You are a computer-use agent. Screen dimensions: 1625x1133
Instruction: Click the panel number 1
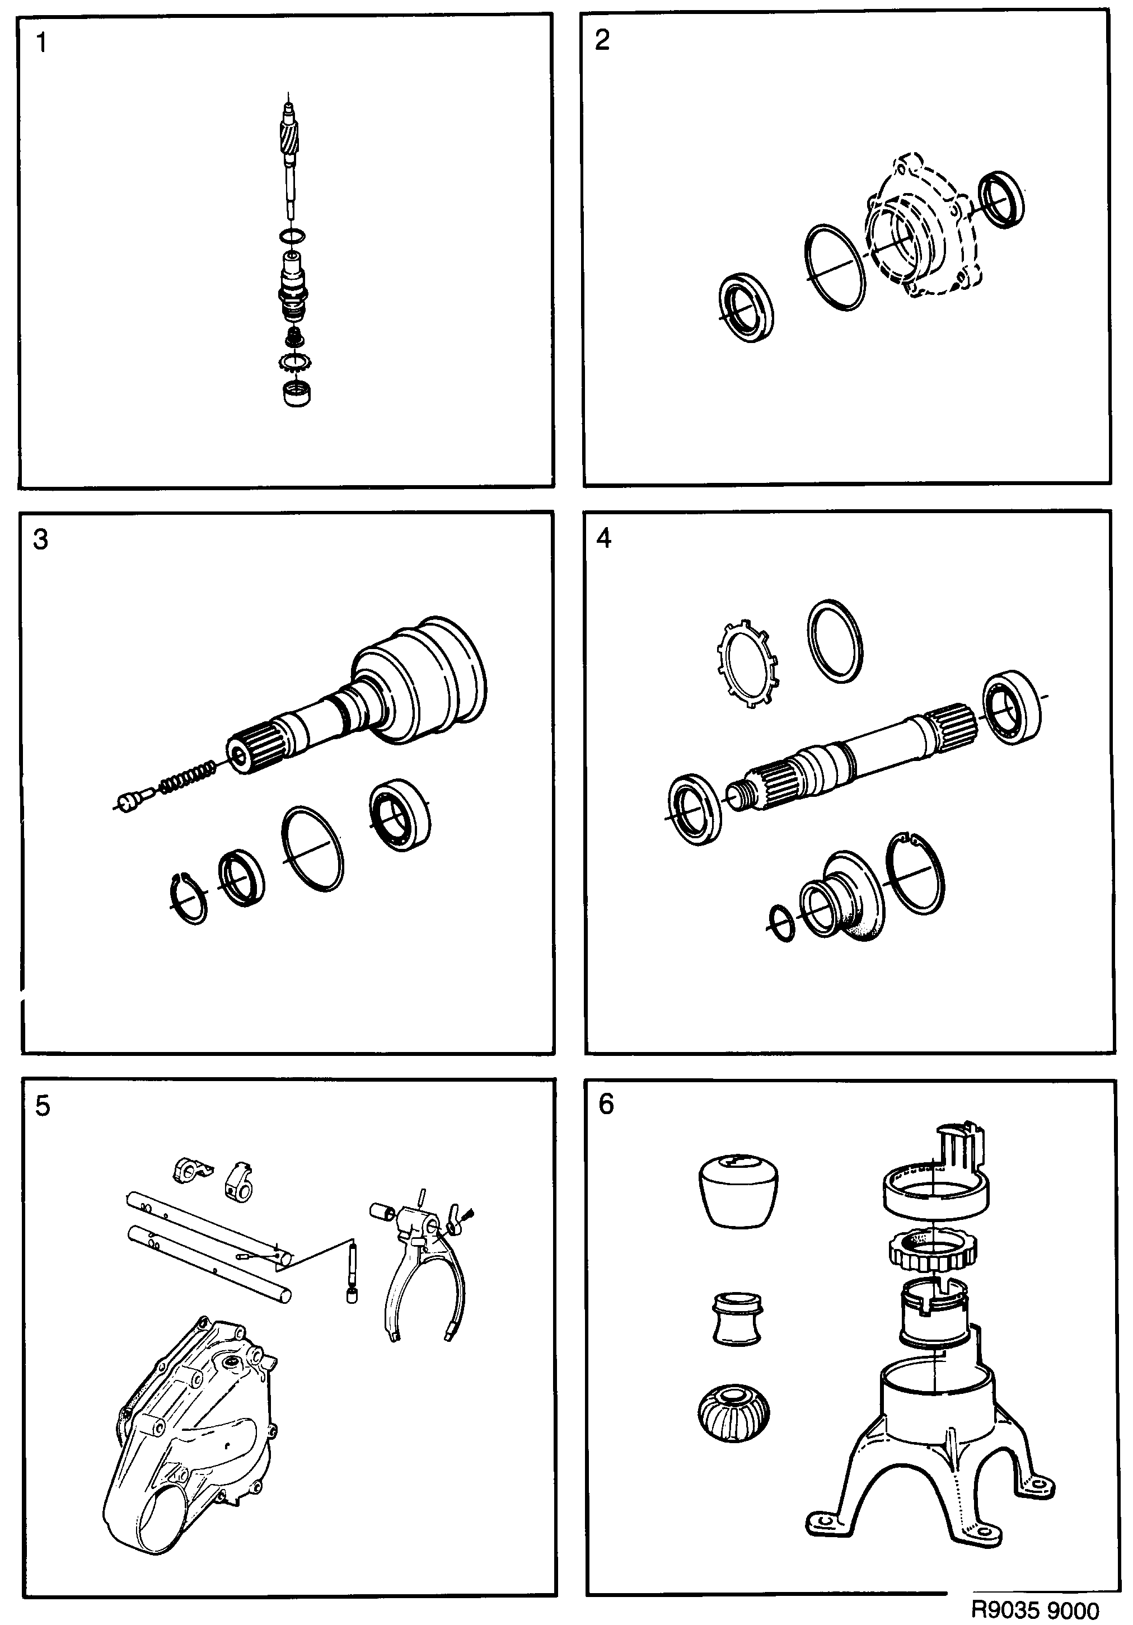click(x=42, y=43)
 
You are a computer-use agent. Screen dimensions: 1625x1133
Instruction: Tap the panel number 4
click(x=603, y=539)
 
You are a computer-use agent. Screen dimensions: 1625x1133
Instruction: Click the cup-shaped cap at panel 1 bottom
click(x=296, y=393)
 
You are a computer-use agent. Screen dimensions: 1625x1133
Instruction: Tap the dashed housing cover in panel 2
click(x=920, y=227)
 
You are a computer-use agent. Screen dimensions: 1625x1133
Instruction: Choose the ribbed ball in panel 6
click(x=733, y=1414)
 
